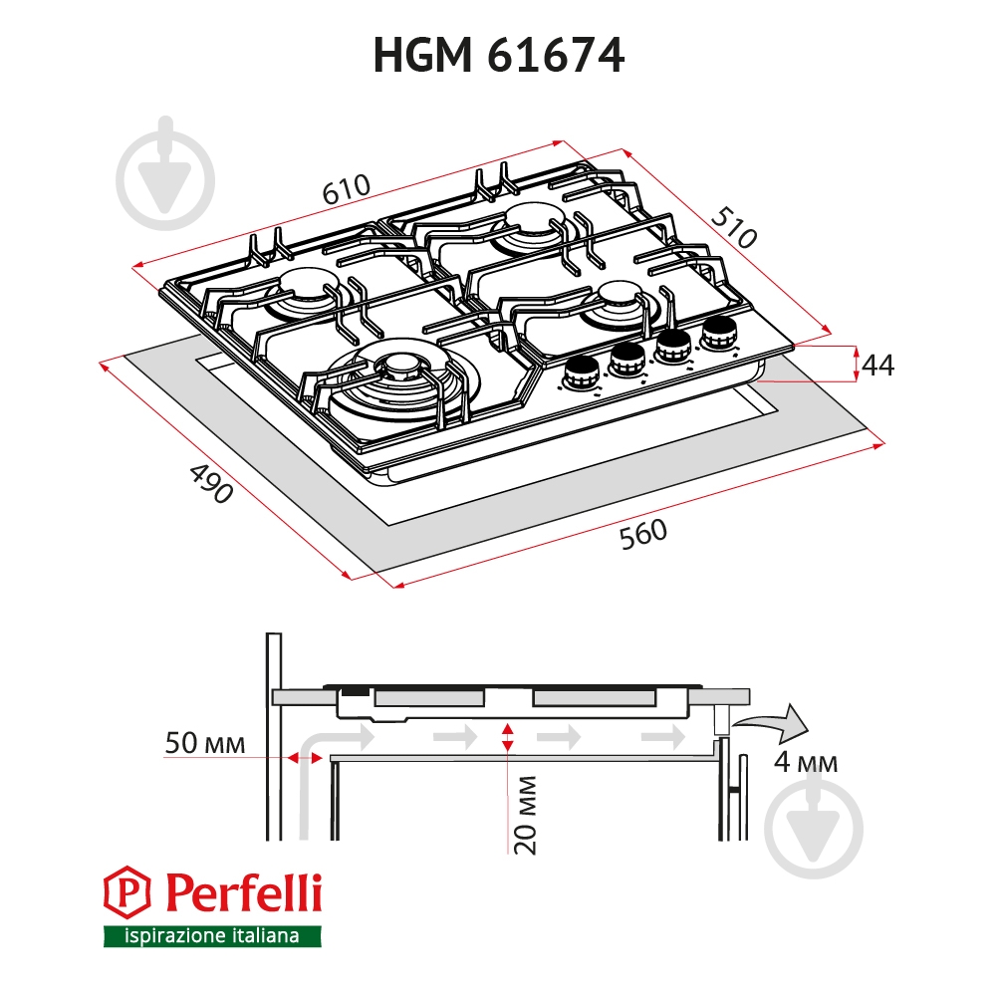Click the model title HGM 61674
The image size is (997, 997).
click(x=498, y=56)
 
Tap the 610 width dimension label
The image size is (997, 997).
click(x=346, y=189)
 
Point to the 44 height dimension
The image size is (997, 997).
click(x=878, y=365)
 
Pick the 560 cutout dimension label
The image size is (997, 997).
click(x=642, y=534)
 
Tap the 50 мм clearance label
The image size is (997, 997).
click(x=205, y=743)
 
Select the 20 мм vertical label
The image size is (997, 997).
click(x=526, y=815)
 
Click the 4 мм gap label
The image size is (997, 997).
click(x=806, y=761)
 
